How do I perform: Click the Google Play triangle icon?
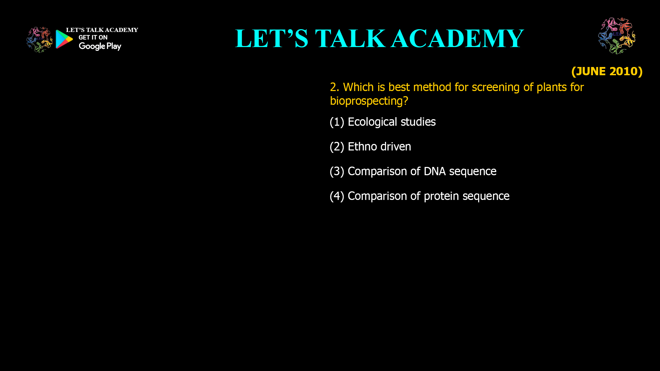[x=64, y=39]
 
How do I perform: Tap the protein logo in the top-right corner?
[x=617, y=36]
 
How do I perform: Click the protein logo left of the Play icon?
[x=40, y=40]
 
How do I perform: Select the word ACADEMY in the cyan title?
[x=457, y=38]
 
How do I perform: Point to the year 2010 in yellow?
[x=623, y=71]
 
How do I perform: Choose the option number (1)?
[x=337, y=122]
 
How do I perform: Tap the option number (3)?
[x=337, y=171]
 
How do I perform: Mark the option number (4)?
[x=337, y=196]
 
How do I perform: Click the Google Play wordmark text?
[x=100, y=46]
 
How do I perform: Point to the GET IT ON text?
[x=93, y=37]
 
